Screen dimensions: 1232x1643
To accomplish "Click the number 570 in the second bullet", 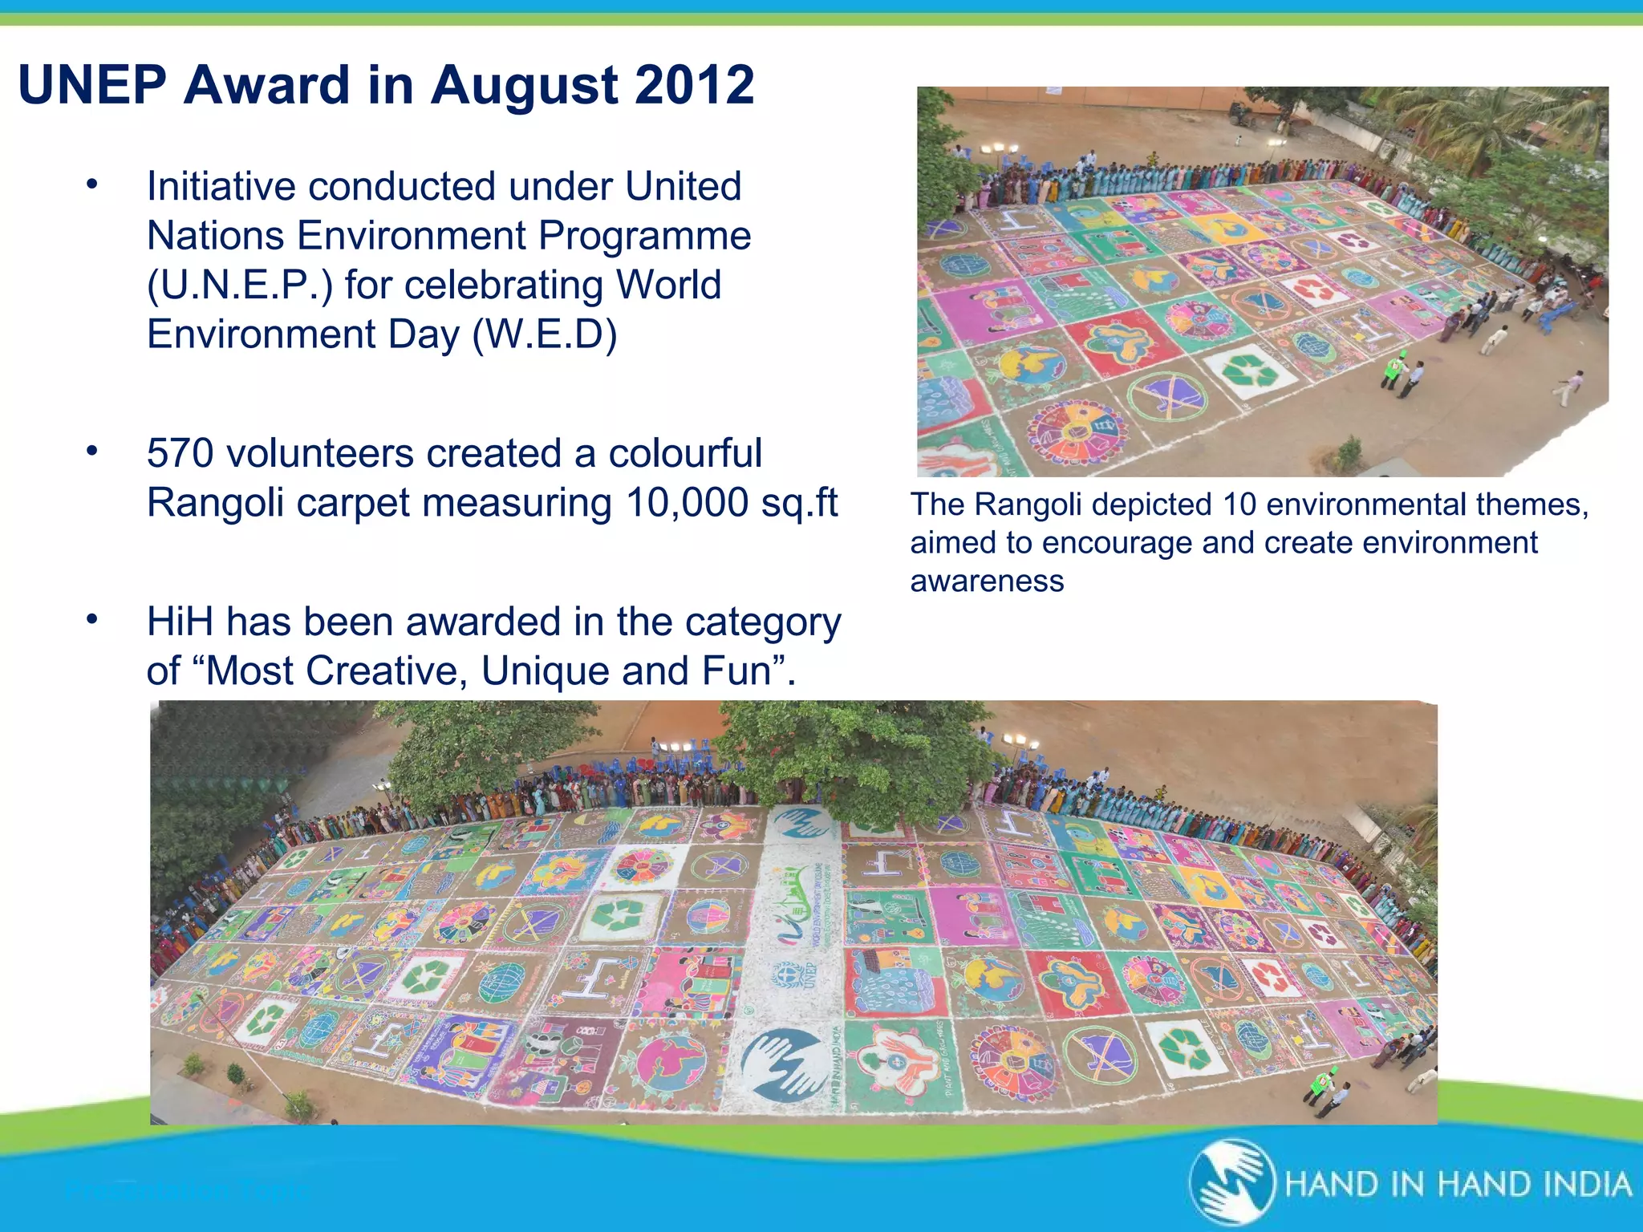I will (181, 453).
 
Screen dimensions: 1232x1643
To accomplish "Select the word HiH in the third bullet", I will (179, 622).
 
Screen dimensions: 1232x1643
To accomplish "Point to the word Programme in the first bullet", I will (644, 236).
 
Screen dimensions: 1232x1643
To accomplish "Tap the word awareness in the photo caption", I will (987, 581).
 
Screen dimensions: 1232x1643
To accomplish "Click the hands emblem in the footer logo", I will (1231, 1183).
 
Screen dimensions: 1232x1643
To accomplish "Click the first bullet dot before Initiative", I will (92, 184).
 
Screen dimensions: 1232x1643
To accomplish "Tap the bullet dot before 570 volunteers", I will (92, 451).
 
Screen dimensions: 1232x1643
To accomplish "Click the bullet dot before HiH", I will (92, 619).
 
